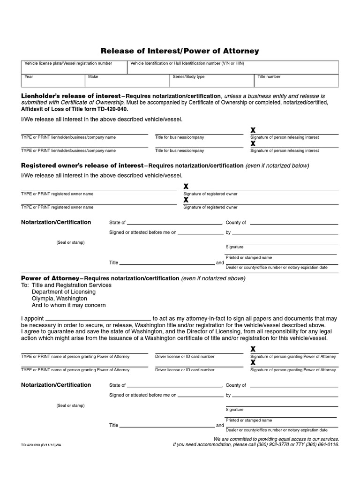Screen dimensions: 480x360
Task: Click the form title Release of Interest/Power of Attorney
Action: (180, 51)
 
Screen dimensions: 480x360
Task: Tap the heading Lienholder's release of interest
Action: (70, 96)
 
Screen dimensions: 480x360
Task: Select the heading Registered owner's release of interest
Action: (82, 165)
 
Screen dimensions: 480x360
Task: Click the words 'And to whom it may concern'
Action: (68, 305)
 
